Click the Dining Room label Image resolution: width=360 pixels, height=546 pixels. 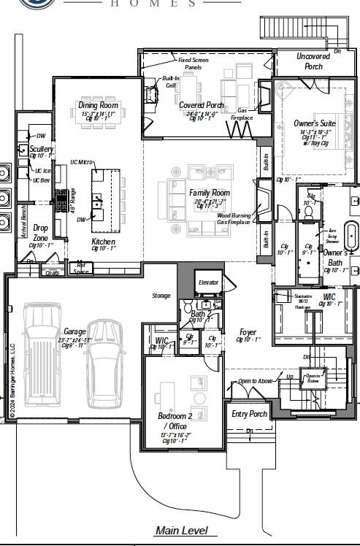tap(98, 105)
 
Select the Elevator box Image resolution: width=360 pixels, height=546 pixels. tap(208, 282)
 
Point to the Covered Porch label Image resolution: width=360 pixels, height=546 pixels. tap(202, 105)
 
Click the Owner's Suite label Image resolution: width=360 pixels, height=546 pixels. tap(315, 123)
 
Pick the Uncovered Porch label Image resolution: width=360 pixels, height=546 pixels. tap(313, 61)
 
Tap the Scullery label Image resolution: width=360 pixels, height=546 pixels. tap(42, 149)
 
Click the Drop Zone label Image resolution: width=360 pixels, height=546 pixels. tap(41, 232)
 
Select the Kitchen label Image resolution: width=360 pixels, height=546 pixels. tap(103, 241)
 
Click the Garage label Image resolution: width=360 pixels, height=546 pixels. tap(74, 331)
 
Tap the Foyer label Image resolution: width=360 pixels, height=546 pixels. tap(248, 332)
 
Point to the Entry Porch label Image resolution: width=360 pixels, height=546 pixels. tap(250, 414)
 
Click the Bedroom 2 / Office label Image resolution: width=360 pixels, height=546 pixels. tap(172, 421)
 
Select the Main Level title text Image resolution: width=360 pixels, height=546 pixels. tap(181, 531)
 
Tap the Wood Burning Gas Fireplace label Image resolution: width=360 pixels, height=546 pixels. tap(234, 218)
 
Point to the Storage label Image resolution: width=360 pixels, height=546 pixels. tap(161, 296)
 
